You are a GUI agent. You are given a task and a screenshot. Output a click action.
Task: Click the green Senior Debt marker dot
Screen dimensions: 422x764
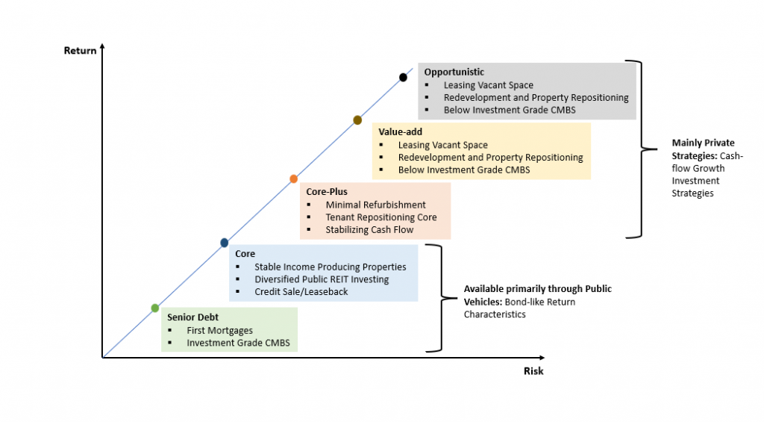[155, 308]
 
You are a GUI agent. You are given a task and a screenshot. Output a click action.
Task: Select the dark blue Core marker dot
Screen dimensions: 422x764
[225, 243]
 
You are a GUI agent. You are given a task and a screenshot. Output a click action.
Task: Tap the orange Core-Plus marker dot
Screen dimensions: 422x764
[294, 179]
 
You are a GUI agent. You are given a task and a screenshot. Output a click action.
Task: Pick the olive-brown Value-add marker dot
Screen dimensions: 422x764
[357, 120]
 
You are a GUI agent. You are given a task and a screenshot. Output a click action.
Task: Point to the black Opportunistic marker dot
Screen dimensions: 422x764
[404, 77]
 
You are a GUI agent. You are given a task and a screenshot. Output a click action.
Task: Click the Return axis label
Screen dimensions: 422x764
[80, 51]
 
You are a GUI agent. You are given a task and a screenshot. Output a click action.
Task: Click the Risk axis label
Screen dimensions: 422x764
[533, 370]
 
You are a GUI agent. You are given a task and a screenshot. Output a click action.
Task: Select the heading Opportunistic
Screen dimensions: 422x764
[454, 72]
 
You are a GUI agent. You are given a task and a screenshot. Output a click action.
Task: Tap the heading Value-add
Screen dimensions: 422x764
[400, 132]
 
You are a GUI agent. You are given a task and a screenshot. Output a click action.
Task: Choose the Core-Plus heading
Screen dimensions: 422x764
[327, 192]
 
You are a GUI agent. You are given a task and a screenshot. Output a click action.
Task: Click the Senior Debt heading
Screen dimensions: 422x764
[192, 317]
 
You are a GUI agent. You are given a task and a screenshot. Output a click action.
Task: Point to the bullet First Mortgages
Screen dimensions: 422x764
[219, 330]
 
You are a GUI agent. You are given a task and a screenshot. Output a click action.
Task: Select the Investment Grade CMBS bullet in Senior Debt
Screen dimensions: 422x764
[238, 343]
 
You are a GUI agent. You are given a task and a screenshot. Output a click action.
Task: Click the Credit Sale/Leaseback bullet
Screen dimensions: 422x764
[301, 291]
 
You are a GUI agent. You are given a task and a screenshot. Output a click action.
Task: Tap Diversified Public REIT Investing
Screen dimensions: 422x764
[322, 279]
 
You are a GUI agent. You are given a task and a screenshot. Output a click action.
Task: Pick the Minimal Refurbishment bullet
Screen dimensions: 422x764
[375, 205]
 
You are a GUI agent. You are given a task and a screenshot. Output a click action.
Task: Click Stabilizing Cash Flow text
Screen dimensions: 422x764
[369, 229]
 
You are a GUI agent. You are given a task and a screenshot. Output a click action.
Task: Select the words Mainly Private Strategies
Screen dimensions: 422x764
[703, 149]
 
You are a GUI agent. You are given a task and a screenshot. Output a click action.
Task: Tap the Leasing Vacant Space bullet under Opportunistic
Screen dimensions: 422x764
[489, 85]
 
